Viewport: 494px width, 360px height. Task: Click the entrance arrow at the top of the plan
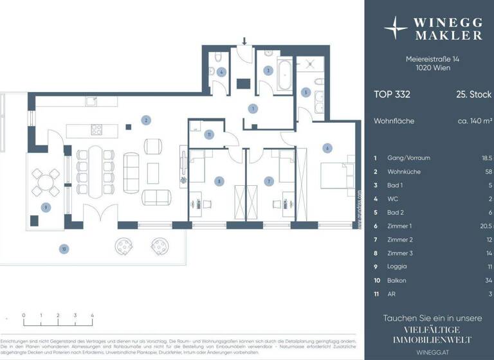click(244, 42)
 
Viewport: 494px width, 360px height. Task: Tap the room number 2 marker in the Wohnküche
click(146, 120)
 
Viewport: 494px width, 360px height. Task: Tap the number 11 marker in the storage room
click(209, 134)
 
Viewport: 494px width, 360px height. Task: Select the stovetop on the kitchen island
click(96, 130)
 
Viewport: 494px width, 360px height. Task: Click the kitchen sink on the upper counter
click(93, 101)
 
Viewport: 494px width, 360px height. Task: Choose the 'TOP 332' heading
click(392, 94)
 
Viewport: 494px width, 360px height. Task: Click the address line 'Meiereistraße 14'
click(432, 59)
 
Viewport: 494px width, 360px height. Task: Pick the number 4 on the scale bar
click(93, 316)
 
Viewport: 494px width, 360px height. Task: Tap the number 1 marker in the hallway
click(253, 109)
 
